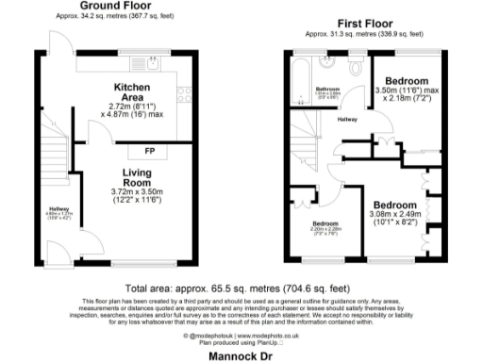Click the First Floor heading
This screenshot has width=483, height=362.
click(367, 22)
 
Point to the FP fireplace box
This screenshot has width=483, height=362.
click(148, 151)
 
